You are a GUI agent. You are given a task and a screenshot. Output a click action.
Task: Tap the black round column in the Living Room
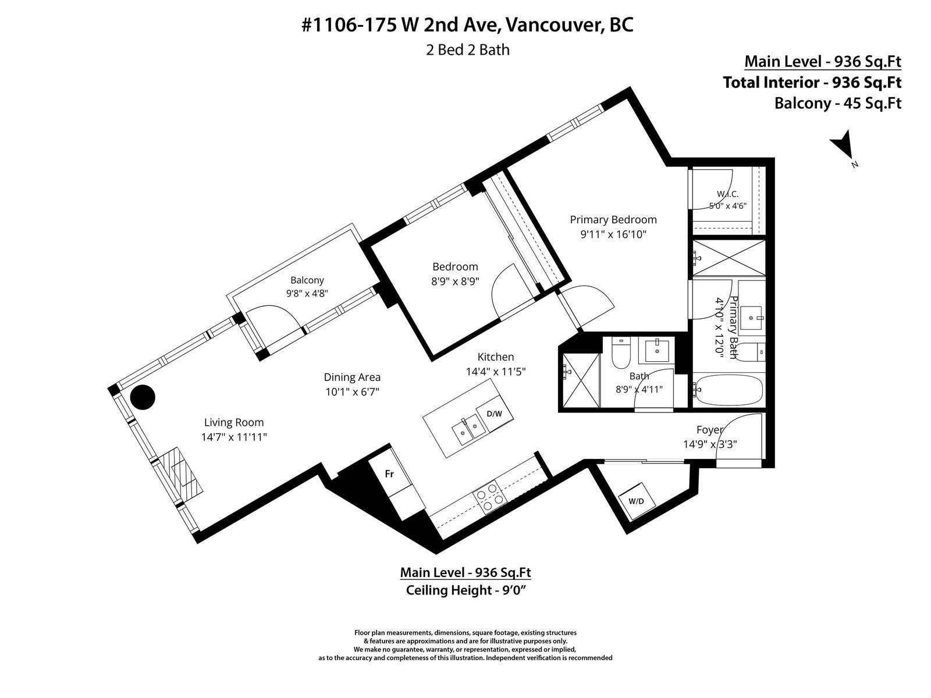point(143,397)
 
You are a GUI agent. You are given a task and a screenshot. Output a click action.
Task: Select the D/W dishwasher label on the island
point(494,414)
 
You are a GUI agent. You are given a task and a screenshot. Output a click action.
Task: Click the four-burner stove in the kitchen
point(489,498)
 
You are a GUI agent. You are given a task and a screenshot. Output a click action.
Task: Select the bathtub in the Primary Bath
point(729,389)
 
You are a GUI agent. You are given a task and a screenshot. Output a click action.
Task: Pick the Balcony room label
point(307,280)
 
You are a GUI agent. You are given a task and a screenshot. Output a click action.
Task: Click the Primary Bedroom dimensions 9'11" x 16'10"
point(613,234)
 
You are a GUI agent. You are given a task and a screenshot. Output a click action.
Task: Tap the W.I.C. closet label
point(728,194)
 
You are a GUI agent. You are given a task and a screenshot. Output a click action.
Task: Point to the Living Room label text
point(234,422)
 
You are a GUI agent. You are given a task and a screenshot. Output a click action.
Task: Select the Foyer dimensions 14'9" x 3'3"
point(710,444)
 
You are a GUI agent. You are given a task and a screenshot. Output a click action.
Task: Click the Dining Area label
point(352,377)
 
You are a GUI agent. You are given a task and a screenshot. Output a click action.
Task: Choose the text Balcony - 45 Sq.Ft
point(838,104)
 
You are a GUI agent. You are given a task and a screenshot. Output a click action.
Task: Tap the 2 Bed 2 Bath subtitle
point(468,50)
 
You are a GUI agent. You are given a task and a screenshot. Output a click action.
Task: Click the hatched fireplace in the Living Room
point(181,476)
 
